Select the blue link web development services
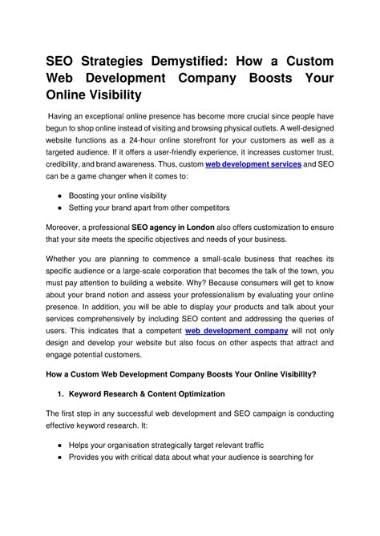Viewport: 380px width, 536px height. tap(253, 163)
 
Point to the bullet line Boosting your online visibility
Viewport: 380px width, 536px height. tap(119, 195)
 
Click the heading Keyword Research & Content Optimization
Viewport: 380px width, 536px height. tap(147, 393)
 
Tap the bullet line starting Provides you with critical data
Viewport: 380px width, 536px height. tap(184, 457)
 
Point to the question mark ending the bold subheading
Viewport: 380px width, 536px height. tap(313, 373)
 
